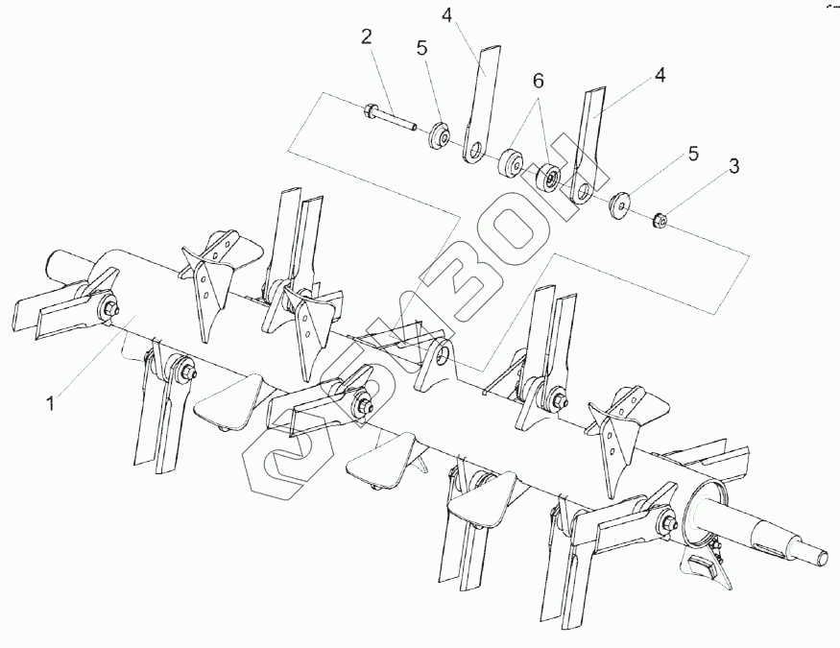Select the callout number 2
366,38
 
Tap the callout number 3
734,166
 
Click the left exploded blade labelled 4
483,96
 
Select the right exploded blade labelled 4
588,144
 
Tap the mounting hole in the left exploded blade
474,150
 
